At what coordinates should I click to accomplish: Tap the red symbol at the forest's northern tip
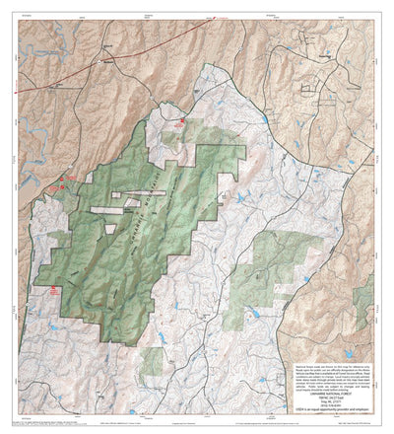(181, 121)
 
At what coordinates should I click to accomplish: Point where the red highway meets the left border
(22, 97)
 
